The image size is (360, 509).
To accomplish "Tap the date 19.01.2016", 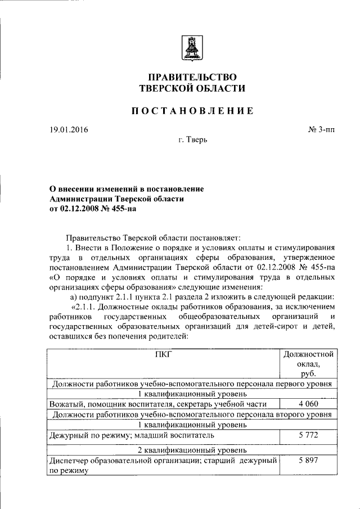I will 69,130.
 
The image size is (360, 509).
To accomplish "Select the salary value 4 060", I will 308,404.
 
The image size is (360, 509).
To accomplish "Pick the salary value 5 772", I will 308,435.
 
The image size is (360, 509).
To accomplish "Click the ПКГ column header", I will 164,354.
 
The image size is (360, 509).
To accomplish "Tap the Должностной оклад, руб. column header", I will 308,363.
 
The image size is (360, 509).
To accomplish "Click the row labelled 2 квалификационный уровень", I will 192,450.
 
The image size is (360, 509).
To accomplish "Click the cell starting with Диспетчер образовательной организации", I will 163,466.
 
